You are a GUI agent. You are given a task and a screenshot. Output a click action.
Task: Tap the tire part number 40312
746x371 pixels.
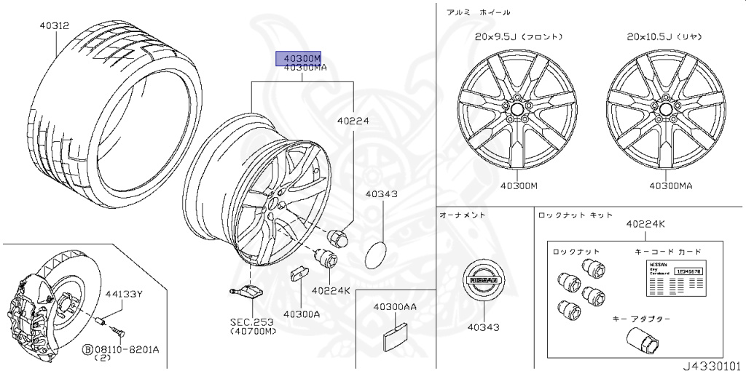pyautogui.click(x=54, y=25)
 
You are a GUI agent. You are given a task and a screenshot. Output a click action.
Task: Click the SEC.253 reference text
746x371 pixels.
pyautogui.click(x=253, y=322)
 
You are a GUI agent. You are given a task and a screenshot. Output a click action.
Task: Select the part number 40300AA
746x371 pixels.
pyautogui.click(x=395, y=307)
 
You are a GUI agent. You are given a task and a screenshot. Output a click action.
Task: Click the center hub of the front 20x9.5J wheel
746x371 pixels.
pyautogui.click(x=517, y=108)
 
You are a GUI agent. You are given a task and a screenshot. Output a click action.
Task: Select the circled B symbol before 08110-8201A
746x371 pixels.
pyautogui.click(x=87, y=349)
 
